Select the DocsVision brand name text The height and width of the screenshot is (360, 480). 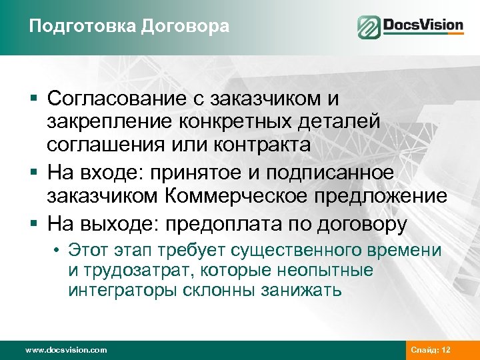[x=423, y=26]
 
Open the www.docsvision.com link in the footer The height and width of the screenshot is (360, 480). [x=66, y=349]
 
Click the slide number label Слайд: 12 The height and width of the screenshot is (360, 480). [x=432, y=349]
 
